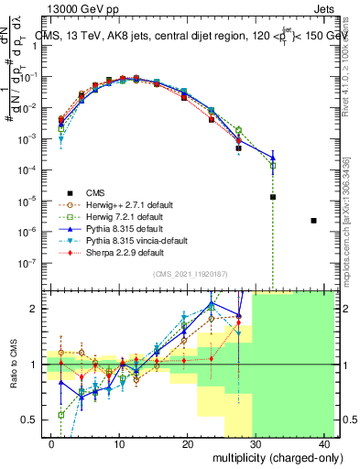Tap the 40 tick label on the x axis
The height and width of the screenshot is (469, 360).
point(324,442)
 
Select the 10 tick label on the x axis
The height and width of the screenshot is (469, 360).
point(119,442)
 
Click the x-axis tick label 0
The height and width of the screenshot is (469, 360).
point(51,442)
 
